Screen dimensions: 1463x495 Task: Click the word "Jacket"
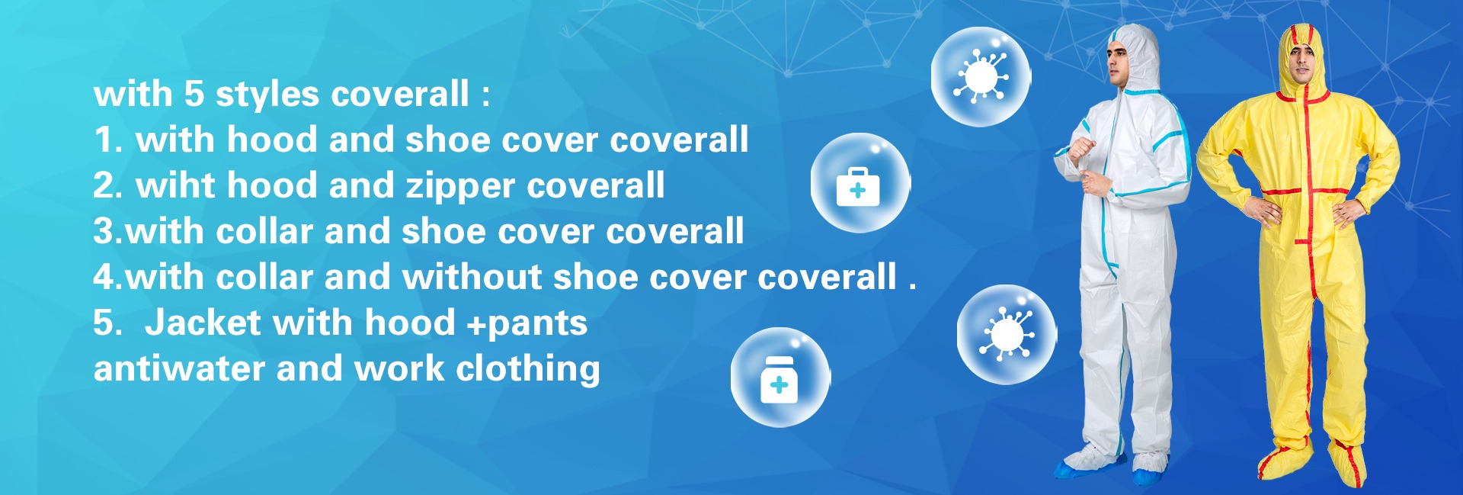[203, 322]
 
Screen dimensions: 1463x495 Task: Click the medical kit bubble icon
[860, 183]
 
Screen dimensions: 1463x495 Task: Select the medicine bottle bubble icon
[780, 378]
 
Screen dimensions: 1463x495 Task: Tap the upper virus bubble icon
[981, 76]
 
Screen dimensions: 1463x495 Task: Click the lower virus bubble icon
[1007, 334]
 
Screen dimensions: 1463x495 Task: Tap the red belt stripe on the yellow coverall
[1304, 191]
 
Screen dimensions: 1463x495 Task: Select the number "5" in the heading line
[194, 94]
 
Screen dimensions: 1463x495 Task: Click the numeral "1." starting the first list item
[109, 140]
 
